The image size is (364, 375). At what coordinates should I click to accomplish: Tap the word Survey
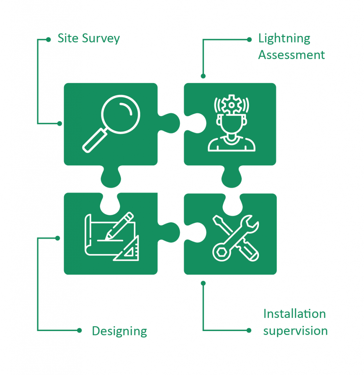coord(101,39)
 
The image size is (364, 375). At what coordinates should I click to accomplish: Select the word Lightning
coord(284,39)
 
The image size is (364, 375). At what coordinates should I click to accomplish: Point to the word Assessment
coord(292,55)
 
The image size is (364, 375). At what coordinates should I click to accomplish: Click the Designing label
coord(119,331)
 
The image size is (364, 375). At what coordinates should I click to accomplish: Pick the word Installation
coord(294,313)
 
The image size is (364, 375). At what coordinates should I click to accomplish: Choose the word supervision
coord(296,331)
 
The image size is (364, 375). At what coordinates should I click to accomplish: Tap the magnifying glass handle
coord(95,140)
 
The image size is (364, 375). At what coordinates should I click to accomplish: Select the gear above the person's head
coord(231,104)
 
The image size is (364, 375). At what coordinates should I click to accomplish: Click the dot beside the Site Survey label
coord(49,40)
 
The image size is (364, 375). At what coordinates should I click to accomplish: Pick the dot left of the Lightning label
coord(249,40)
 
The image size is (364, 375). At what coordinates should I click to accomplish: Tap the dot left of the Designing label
coord(79,331)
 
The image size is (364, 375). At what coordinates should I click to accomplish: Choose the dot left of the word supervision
coord(249,331)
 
